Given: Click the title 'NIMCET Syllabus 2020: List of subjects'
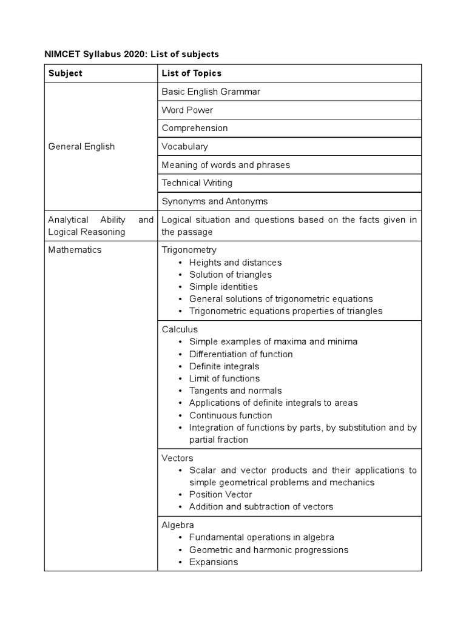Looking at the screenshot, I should [131, 55].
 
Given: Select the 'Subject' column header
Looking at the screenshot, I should [65, 73].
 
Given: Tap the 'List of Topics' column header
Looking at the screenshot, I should [191, 73].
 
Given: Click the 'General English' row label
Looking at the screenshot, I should [81, 147].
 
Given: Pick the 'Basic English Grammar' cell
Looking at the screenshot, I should [211, 92].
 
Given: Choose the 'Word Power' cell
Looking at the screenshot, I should [187, 110].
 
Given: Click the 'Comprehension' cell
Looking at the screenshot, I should [195, 128].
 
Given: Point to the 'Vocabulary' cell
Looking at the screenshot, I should [184, 147].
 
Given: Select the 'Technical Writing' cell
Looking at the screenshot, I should [197, 183].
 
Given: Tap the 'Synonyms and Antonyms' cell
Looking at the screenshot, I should [214, 201].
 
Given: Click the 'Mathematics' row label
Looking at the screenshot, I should [75, 250].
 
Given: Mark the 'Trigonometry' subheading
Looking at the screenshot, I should [189, 250].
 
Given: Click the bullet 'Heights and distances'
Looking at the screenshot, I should [235, 263].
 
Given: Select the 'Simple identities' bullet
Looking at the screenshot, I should [223, 287].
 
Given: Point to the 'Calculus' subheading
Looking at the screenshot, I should [180, 329].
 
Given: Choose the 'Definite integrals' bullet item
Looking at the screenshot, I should [224, 366].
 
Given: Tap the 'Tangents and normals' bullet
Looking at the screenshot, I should [235, 391].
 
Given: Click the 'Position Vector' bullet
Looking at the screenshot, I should [221, 494].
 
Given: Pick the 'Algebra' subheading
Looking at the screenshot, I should [178, 525].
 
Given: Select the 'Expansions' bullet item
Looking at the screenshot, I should [214, 562].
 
